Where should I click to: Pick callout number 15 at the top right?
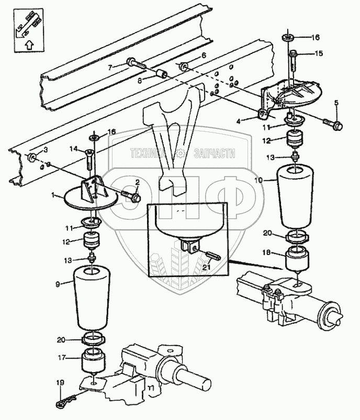click(319, 53)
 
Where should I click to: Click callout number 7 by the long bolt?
click(110, 67)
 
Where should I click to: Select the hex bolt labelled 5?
click(331, 125)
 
